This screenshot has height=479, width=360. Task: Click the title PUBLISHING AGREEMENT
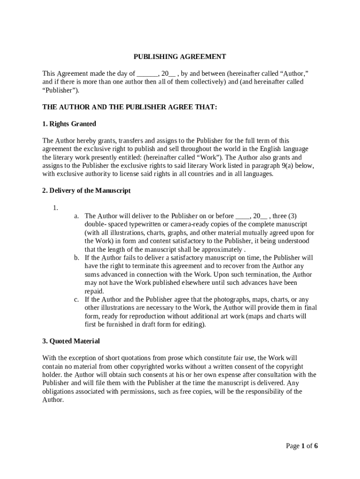(x=180, y=57)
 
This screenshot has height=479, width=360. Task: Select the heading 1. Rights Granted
(x=69, y=124)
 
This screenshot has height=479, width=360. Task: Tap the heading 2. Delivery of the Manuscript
(x=86, y=191)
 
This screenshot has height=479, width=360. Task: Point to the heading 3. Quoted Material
(x=71, y=341)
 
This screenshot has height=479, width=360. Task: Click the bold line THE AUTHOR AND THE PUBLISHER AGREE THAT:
(x=130, y=107)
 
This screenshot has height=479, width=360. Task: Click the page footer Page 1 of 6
(x=302, y=446)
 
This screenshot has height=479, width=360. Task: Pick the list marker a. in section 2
(x=76, y=216)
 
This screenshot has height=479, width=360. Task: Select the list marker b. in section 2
(x=76, y=258)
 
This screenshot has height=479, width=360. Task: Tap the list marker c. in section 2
(x=76, y=299)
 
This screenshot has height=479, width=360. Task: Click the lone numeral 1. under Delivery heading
(x=55, y=208)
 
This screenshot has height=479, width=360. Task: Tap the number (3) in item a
(x=292, y=216)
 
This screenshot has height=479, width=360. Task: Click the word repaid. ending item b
(x=94, y=291)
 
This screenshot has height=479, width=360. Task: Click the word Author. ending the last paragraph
(x=52, y=400)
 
